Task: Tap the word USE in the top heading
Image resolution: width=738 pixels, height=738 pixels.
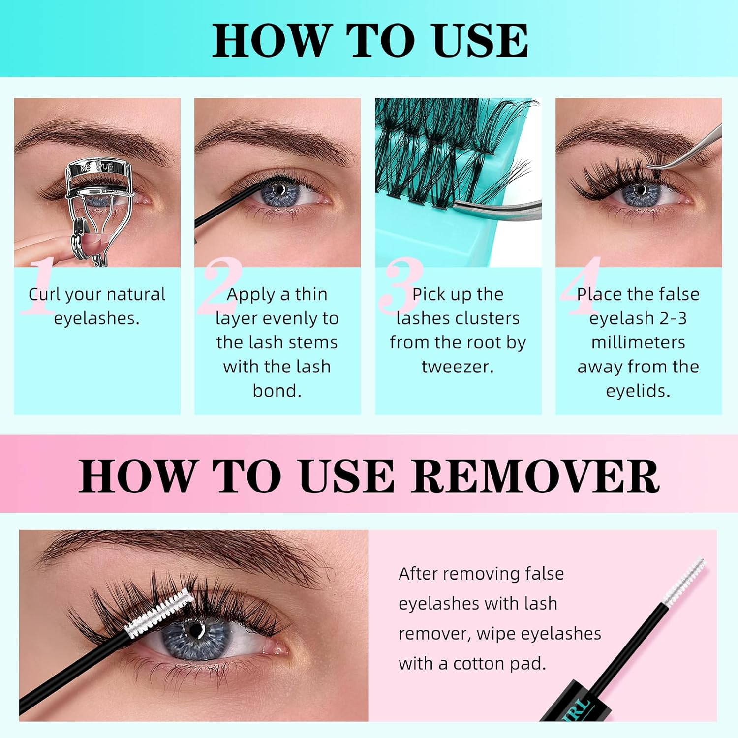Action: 480,41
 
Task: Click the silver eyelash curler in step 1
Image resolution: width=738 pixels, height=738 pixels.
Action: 98,197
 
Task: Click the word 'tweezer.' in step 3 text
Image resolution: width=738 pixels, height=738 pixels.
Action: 458,367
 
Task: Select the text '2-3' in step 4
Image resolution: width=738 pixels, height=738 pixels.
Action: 673,318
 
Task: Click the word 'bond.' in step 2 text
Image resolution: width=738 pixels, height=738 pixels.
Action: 277,391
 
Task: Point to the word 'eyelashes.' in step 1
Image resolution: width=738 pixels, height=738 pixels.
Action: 97,318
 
